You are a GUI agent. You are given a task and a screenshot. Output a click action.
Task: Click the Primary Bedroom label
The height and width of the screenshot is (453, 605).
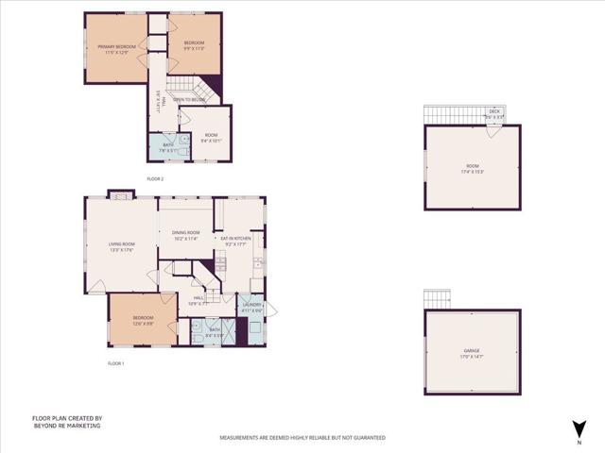tap(118, 46)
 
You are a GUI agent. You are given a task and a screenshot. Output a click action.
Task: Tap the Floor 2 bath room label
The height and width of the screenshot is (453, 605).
tap(167, 144)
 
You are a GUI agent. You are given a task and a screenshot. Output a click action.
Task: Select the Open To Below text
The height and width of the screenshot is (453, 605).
tap(188, 99)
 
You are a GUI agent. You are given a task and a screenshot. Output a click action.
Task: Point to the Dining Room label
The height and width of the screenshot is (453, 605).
tap(185, 232)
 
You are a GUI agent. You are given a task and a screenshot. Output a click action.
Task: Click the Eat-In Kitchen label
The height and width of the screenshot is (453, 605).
tap(237, 239)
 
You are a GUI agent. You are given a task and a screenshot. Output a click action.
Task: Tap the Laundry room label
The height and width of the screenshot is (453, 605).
tap(251, 304)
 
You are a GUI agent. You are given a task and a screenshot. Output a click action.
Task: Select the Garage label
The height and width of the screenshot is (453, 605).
tap(472, 351)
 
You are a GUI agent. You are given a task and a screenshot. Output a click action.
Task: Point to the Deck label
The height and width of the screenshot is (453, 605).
tap(494, 111)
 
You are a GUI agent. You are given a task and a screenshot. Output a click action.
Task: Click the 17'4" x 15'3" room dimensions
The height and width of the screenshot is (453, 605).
tap(473, 171)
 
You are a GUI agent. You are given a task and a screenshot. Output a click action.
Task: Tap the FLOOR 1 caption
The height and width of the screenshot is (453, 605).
tap(116, 363)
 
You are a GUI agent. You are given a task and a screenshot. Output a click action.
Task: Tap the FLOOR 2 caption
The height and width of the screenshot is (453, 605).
tap(156, 178)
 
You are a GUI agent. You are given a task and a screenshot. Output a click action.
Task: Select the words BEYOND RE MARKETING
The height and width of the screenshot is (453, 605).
tap(66, 426)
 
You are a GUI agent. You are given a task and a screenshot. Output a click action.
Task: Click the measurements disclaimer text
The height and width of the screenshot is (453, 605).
tap(302, 438)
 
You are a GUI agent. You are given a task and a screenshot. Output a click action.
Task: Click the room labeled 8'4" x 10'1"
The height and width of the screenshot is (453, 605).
tap(210, 136)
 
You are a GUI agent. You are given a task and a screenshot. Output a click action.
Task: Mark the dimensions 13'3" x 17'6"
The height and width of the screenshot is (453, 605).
tap(122, 250)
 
